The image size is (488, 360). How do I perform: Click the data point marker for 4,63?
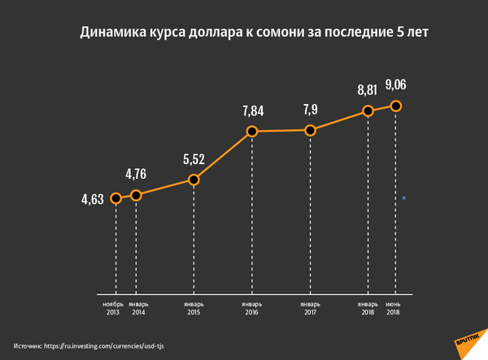coord(115,198)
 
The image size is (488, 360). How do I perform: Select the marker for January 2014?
coord(136,195)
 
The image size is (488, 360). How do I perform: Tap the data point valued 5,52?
coord(194,180)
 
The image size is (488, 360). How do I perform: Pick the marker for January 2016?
coord(252,132)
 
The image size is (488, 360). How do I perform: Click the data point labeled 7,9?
coord(310,130)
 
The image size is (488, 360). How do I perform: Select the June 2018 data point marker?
coord(396,106)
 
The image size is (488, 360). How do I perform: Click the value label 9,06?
coord(397,85)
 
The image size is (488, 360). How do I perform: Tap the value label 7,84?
coord(253,110)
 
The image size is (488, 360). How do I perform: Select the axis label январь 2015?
coord(194,308)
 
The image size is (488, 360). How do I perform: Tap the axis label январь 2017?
coord(310,308)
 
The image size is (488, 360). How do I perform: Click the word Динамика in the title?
coord(111,33)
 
